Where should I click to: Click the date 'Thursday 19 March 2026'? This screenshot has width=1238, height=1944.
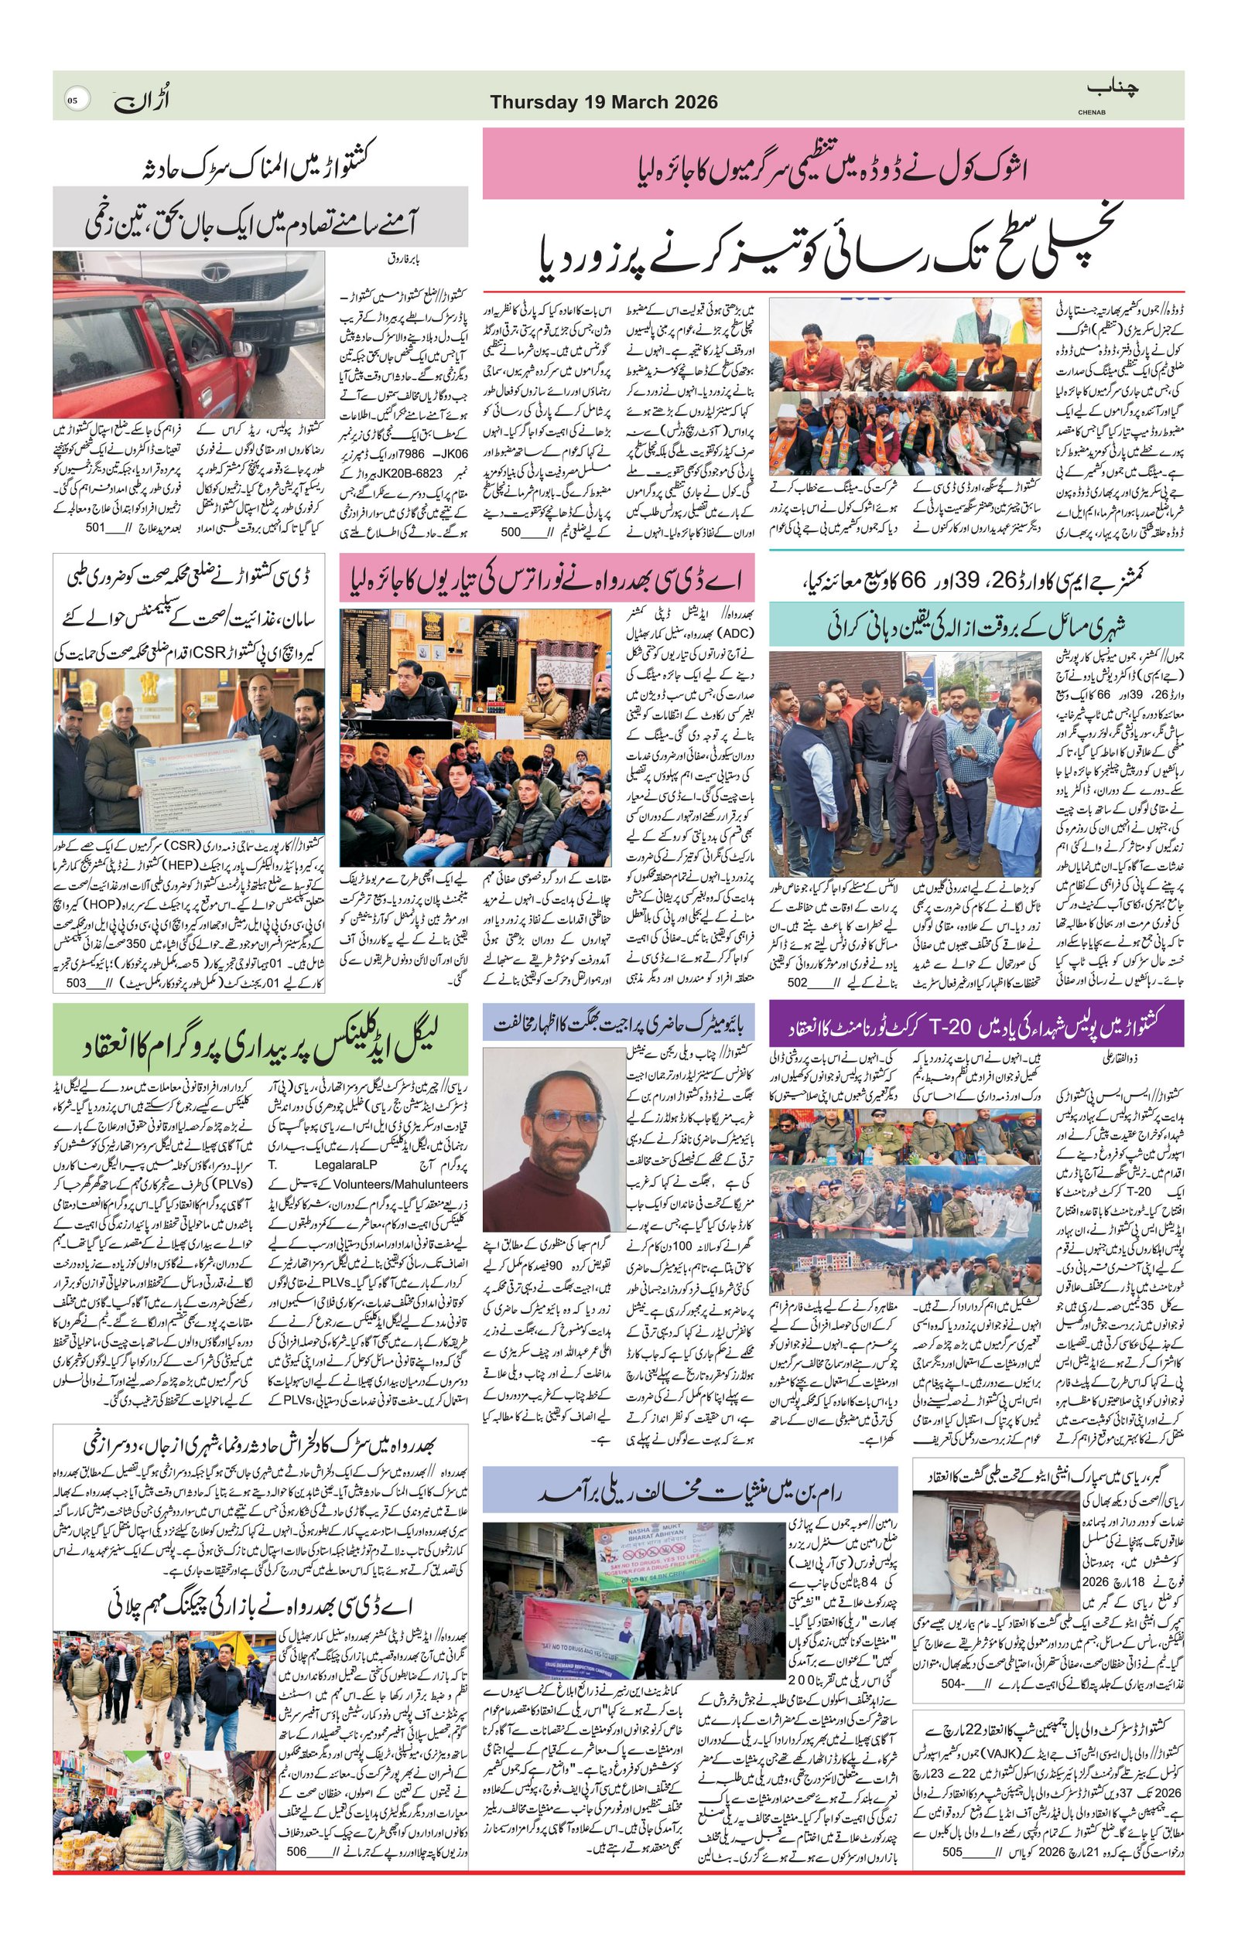(x=604, y=103)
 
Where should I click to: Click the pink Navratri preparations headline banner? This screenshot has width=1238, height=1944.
(x=547, y=576)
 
